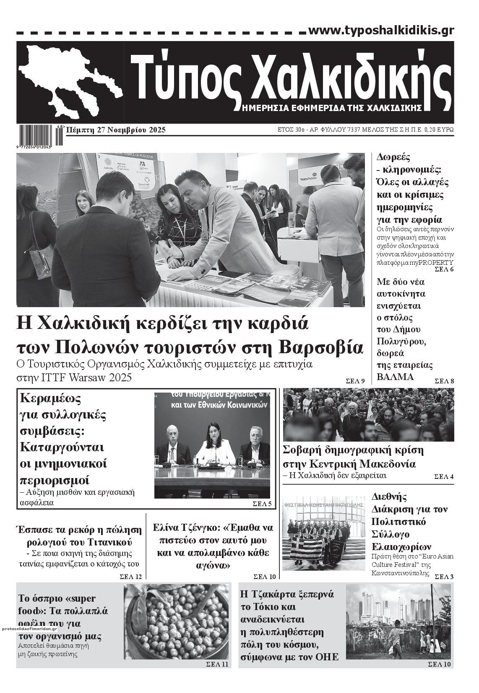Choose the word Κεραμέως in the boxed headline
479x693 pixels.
coord(50,398)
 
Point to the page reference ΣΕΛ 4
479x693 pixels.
coord(443,477)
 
